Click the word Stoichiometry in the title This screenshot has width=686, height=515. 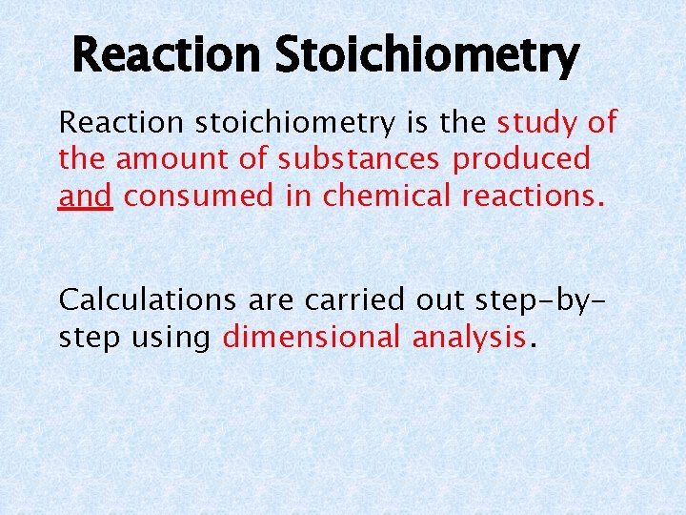click(426, 56)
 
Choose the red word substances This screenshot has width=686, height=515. click(360, 159)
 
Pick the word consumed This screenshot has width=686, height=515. click(201, 196)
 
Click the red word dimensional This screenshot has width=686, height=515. click(313, 337)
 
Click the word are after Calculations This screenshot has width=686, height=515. click(271, 299)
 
